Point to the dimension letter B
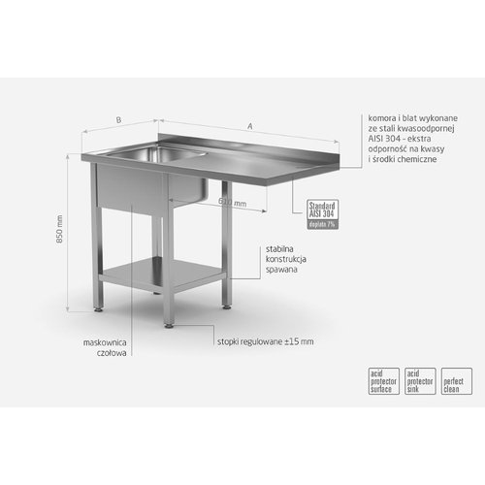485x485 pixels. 118,120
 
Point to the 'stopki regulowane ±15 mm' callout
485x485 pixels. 265,341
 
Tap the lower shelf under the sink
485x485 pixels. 161,275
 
